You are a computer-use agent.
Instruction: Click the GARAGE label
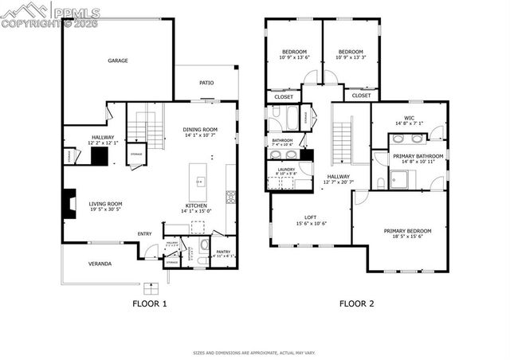coord(118,61)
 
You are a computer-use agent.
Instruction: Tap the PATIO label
coord(206,82)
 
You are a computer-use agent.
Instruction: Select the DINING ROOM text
coord(200,129)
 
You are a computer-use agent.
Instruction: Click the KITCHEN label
coord(197,205)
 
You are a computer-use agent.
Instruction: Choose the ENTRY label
coord(144,233)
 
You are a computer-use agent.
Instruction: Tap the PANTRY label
coord(223,252)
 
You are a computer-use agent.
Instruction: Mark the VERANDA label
coord(100,264)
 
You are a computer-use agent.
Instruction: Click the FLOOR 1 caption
coord(149,303)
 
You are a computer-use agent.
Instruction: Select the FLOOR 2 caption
coord(356,303)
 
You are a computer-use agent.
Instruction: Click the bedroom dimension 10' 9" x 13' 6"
coord(295,57)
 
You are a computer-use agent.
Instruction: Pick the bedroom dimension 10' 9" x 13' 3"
coord(351,57)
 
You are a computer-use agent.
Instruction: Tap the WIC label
coord(409,118)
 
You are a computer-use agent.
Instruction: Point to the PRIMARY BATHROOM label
coord(418,156)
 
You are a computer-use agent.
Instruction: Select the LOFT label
coord(311,217)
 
